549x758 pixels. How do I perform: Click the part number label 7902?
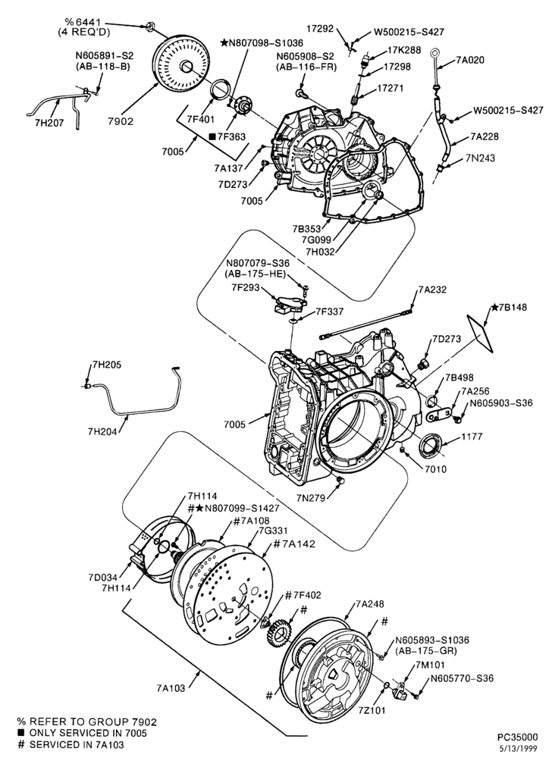[x=121, y=121]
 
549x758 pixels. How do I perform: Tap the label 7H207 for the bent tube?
[x=49, y=123]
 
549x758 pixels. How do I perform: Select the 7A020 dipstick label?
[x=470, y=61]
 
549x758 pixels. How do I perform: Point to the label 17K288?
[x=404, y=50]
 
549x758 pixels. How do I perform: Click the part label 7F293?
[x=245, y=288]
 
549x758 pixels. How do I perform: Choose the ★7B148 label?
[x=510, y=307]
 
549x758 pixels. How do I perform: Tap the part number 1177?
[x=472, y=437]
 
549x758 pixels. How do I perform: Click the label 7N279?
[x=310, y=497]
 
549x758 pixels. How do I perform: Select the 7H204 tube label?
[x=102, y=432]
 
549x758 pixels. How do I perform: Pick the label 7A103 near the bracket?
[x=171, y=688]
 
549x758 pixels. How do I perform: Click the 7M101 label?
[x=431, y=666]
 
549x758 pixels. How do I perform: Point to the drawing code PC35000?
[x=518, y=738]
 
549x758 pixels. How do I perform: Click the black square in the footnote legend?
[x=20, y=733]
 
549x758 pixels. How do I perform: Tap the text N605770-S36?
[x=462, y=678]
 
